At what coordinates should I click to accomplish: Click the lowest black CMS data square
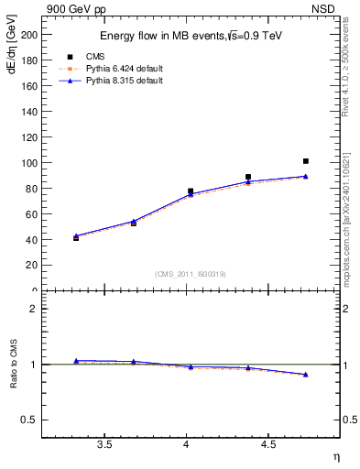point(76,238)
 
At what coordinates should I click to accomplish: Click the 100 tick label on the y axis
point(28,163)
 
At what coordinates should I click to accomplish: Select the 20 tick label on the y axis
point(31,266)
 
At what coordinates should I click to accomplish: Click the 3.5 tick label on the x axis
point(104,444)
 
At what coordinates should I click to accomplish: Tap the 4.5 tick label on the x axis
point(267,444)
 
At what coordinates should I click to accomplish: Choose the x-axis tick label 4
point(187,444)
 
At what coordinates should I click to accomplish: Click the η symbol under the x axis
point(335,455)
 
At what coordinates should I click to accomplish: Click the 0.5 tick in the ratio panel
point(29,420)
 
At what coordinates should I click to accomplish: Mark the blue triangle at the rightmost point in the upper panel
point(306,176)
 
